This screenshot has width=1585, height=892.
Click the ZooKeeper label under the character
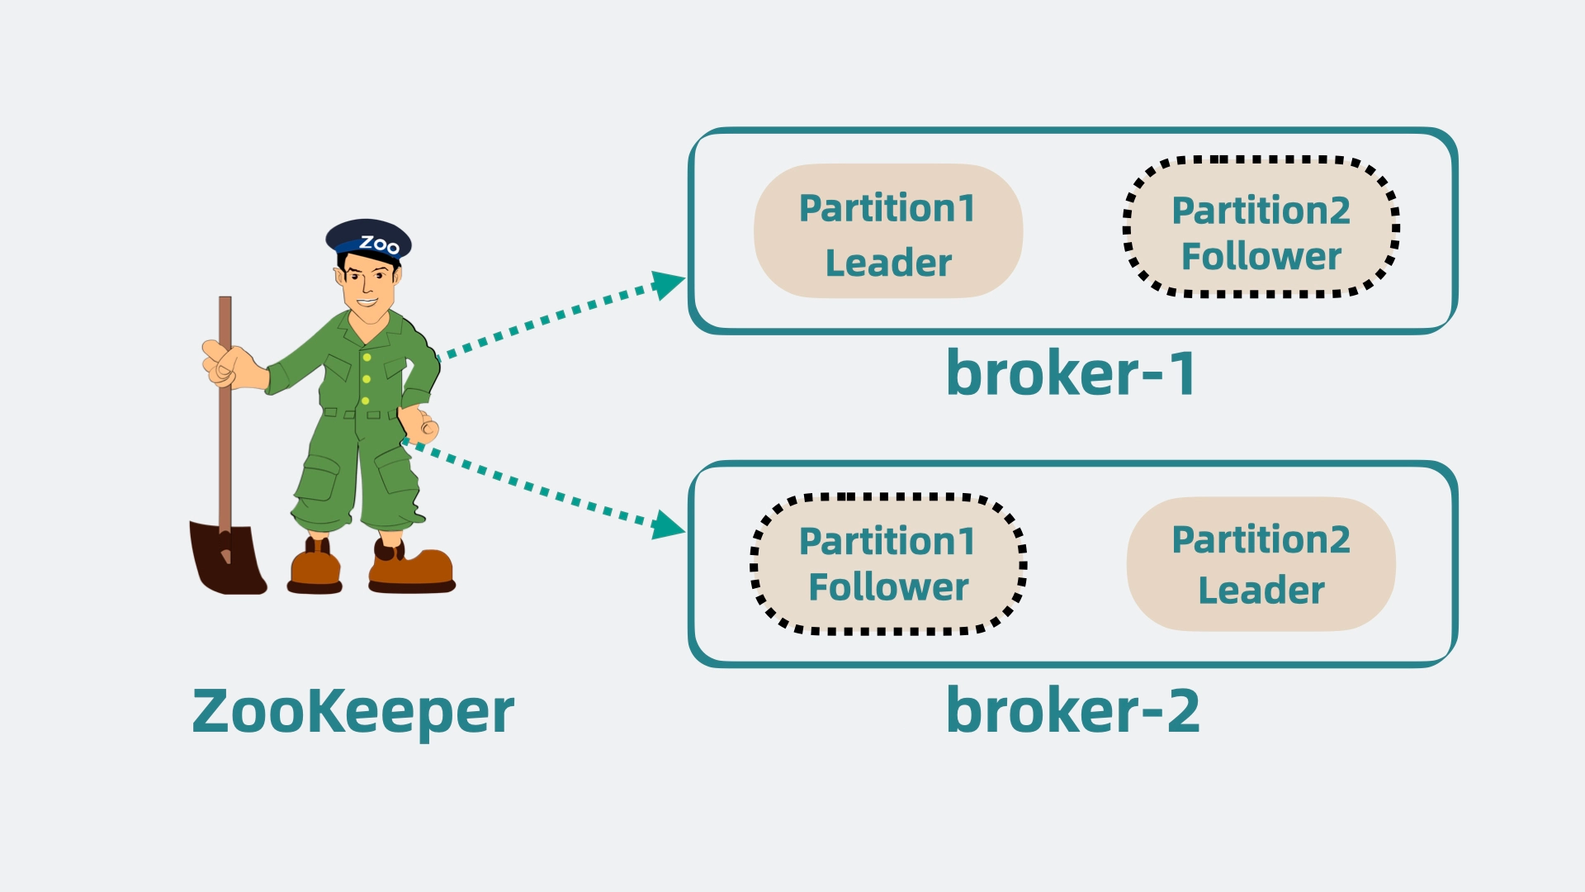coord(352,711)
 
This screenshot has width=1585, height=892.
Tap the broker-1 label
coord(1071,374)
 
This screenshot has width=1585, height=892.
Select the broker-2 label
coord(1072,710)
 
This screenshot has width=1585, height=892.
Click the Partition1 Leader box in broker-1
coord(888,231)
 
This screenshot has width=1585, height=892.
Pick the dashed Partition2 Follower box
coord(1261,227)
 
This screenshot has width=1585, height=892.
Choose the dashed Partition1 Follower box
coord(888,565)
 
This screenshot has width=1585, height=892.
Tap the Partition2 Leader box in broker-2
coord(1261,564)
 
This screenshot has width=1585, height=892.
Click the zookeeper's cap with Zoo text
coord(370,240)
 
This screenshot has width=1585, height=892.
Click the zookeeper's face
coord(367,285)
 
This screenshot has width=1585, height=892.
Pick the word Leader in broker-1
coord(888,263)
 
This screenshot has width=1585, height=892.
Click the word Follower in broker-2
coord(888,588)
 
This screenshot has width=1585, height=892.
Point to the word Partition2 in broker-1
coord(1261,211)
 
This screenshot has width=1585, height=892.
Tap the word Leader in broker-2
coord(1261,591)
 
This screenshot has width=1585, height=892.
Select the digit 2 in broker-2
coord(1182,710)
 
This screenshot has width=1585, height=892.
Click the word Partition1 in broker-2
coord(887,542)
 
